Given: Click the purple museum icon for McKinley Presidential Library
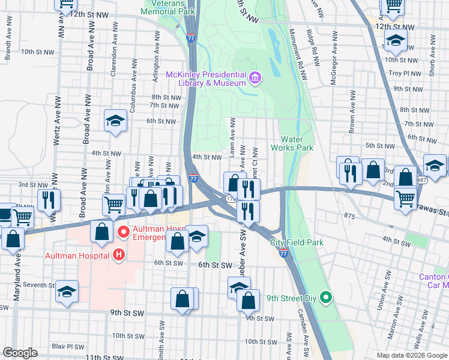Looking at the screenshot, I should pos(255,78).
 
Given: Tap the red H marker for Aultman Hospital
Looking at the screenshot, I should pos(119,255).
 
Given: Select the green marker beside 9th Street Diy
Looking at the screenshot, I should pos(325,297).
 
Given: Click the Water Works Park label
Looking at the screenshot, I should pos(292,143).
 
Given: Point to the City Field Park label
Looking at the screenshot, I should pos(297,242).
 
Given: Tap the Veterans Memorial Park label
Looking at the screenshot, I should pos(168,7).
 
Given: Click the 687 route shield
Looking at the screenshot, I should pos(422,179).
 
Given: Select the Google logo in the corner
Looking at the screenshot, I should pos(20,353).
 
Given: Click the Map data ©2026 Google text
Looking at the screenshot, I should pos(411,355).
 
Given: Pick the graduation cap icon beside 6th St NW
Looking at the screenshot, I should pos(115,121).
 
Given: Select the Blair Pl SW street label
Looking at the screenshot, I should pos(68,346).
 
